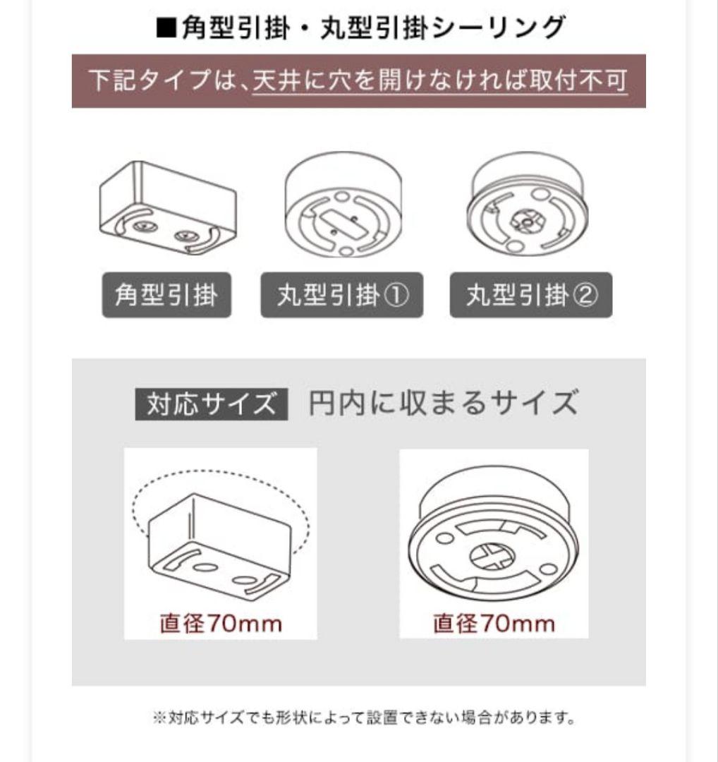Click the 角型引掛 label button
166,295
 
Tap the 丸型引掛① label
342,295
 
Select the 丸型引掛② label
531,295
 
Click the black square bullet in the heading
166,28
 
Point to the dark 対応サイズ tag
212,404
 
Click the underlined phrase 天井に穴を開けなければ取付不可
440,80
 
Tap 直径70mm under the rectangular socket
221,624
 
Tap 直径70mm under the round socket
494,624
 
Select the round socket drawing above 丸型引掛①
343,204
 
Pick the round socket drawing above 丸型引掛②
528,203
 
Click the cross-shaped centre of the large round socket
492,557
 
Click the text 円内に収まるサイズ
444,404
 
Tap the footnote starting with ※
364,718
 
